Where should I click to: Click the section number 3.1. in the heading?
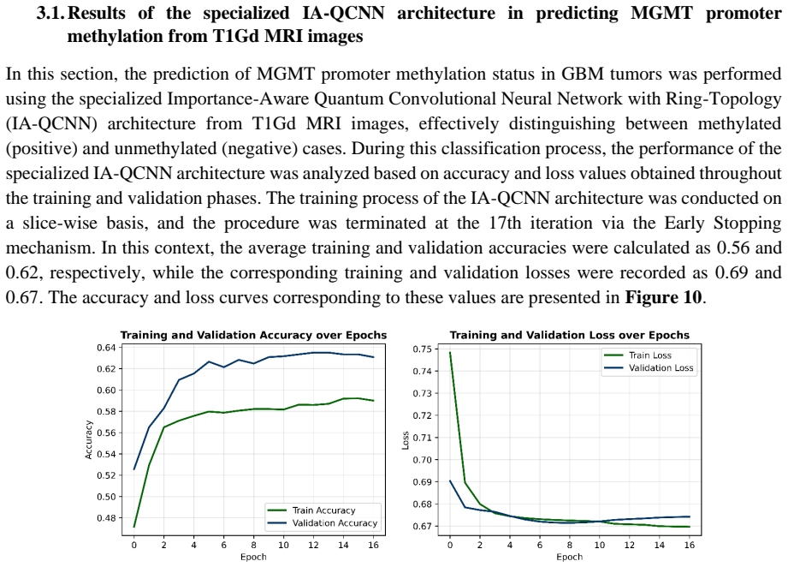(50, 13)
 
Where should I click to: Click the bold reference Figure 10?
(663, 297)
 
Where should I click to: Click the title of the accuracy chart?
(253, 335)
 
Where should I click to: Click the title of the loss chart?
(569, 335)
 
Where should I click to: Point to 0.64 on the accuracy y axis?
(106, 348)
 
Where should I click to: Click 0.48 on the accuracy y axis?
(106, 517)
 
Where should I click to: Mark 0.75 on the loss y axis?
(422, 349)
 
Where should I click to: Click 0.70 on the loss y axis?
(422, 460)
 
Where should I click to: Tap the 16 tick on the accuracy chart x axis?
(373, 545)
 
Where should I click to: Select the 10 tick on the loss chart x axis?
(600, 545)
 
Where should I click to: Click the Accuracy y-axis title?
(89, 439)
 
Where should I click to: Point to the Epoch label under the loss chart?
(569, 557)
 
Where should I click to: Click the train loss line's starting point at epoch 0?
(450, 352)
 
